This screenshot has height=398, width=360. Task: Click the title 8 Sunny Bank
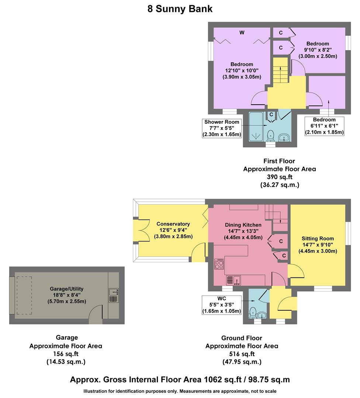180,9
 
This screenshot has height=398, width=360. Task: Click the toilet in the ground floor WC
253,312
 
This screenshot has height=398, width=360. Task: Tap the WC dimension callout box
221,305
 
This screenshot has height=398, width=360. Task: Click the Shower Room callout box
222,128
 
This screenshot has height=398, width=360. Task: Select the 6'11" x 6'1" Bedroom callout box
324,126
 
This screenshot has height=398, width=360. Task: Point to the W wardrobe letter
242,33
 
